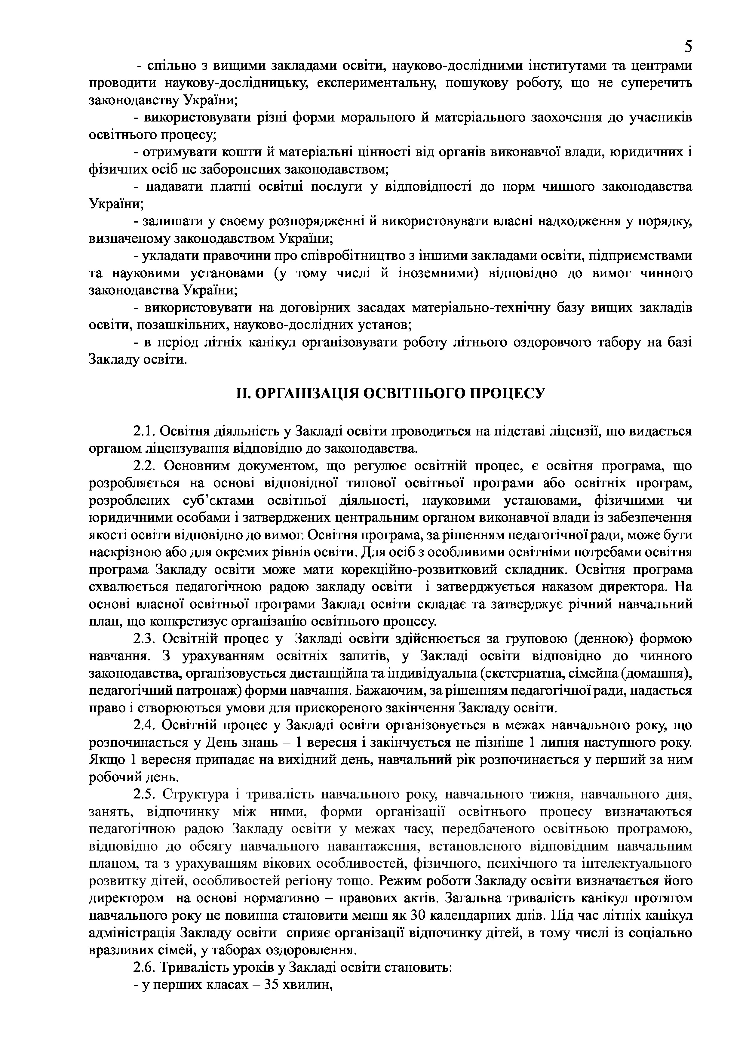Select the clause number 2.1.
(x=145, y=432)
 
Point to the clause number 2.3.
(x=145, y=639)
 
